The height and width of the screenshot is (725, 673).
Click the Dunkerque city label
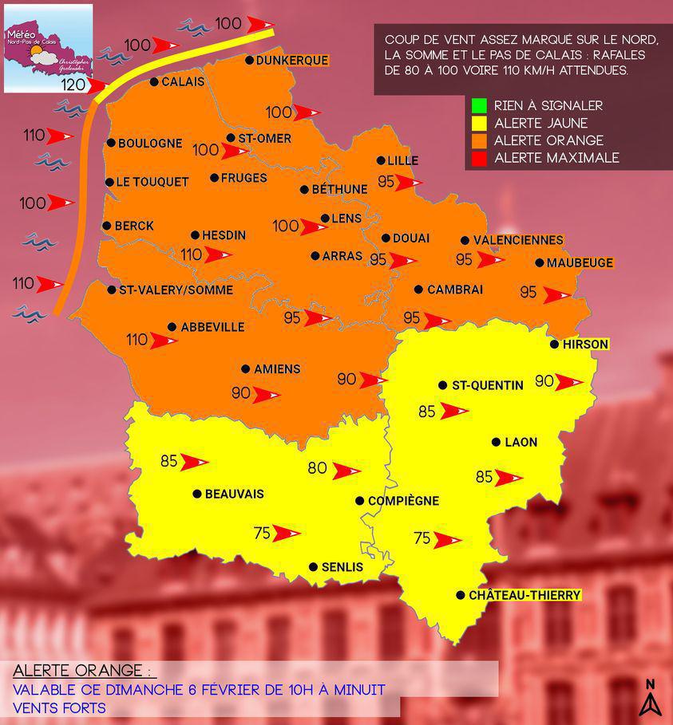click(292, 60)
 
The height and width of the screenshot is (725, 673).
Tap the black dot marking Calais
click(154, 81)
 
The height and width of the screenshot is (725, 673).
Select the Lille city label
click(402, 160)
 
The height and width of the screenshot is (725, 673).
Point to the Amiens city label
click(276, 369)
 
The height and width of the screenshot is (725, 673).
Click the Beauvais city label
click(234, 494)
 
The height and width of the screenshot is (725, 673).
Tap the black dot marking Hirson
click(554, 345)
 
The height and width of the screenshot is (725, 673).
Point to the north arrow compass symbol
click(651, 698)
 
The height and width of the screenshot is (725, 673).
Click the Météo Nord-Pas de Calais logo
click(48, 48)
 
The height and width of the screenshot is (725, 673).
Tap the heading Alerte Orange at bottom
click(81, 669)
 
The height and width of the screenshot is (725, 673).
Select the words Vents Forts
click(60, 707)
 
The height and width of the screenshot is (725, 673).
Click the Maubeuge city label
click(580, 262)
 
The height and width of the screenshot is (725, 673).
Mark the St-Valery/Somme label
click(176, 290)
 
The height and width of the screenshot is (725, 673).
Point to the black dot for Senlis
click(313, 567)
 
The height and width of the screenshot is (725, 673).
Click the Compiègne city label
click(403, 501)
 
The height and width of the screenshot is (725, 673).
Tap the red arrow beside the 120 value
click(99, 85)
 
